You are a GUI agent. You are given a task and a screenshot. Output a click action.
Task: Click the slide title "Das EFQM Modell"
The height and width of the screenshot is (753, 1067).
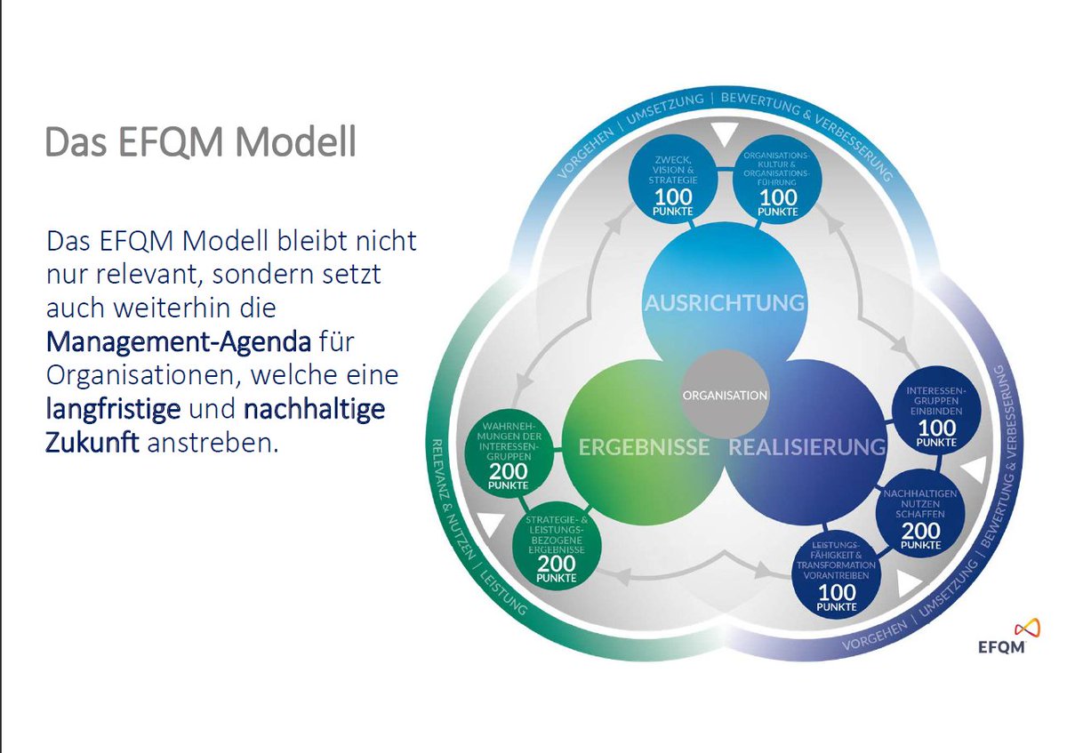tap(200, 142)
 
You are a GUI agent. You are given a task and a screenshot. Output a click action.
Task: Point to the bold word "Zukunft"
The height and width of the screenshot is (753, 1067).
tap(92, 443)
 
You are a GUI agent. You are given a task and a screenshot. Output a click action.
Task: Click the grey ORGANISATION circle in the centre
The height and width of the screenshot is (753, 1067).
tap(725, 395)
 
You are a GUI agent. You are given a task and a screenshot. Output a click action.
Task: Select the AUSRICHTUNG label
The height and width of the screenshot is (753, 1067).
tap(725, 302)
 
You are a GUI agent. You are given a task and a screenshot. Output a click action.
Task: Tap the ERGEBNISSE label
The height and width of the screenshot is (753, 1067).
tap(644, 447)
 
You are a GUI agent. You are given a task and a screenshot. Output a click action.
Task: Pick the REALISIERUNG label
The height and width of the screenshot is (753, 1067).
tap(807, 447)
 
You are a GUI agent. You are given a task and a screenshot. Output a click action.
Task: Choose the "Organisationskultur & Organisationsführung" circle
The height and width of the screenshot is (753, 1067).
tap(776, 180)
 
